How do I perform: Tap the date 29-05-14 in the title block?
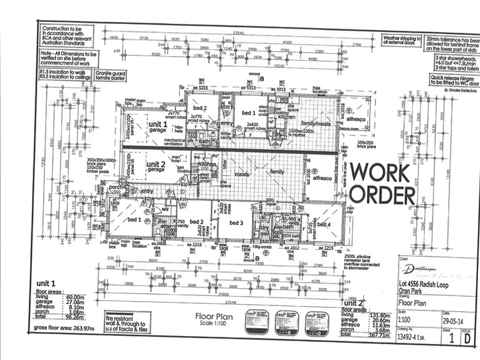454,318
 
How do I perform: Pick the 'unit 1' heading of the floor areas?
46,284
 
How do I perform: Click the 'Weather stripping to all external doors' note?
401,41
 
